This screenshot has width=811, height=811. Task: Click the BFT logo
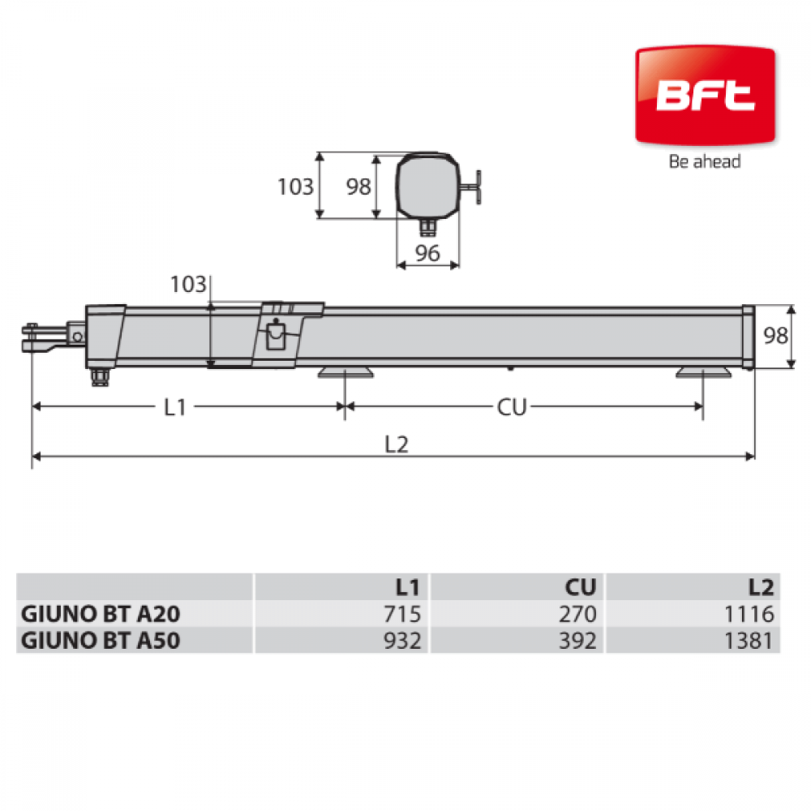coord(705,96)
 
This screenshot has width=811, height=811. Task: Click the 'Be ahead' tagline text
coord(705,161)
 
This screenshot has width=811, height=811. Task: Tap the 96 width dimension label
coord(427,253)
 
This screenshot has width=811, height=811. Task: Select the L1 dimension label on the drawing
coord(175,408)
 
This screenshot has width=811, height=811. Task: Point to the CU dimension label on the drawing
coord(512,408)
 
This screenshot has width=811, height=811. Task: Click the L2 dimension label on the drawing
coord(397,444)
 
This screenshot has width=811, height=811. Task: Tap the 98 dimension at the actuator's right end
coord(775,336)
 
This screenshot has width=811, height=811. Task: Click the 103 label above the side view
coord(188,285)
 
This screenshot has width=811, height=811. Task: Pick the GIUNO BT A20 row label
coord(101,614)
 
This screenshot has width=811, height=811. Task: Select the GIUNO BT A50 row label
coord(101,641)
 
